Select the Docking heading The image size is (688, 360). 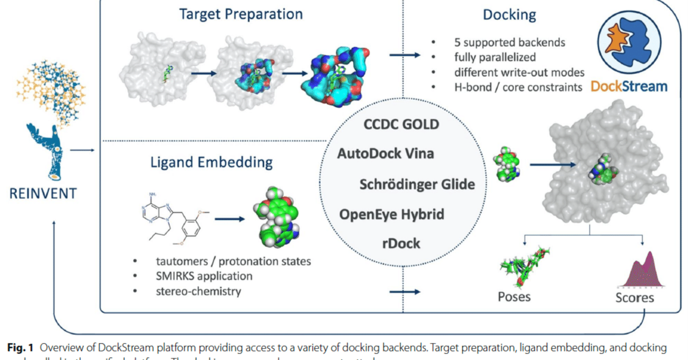[x=508, y=15]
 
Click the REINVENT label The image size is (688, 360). [x=42, y=193]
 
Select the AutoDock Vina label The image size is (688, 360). [x=385, y=153]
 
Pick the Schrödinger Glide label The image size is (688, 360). [x=417, y=184]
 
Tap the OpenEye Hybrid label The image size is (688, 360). [x=392, y=214]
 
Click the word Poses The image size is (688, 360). [x=514, y=297]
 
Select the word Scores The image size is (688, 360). [x=635, y=297]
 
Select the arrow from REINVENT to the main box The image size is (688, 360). [x=81, y=150]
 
